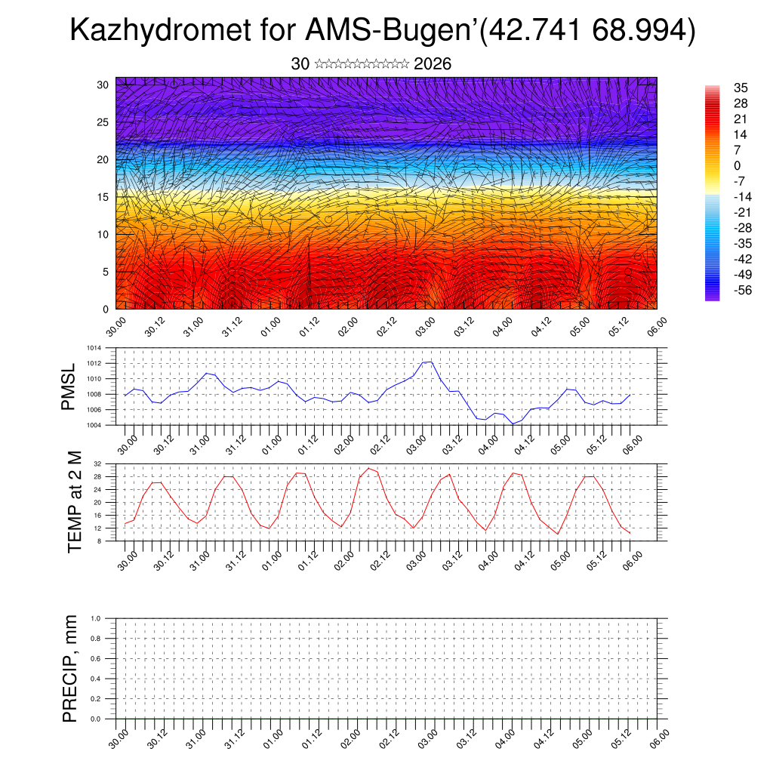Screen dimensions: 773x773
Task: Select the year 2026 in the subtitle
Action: (433, 64)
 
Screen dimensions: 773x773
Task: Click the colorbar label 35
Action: (741, 88)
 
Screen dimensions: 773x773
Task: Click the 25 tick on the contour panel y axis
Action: (102, 122)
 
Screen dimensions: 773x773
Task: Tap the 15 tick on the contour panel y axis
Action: (102, 197)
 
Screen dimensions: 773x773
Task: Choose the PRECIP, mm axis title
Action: (70, 668)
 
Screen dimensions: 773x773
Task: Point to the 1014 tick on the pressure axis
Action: (94, 348)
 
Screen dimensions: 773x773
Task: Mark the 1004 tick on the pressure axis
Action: (94, 425)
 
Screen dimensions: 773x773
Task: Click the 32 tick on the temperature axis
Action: (98, 463)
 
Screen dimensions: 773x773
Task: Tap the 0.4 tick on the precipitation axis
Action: (96, 679)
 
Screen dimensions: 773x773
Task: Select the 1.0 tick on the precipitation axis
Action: (96, 618)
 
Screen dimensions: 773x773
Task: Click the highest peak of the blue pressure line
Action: (427, 362)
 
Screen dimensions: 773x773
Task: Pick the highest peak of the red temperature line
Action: (368, 468)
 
